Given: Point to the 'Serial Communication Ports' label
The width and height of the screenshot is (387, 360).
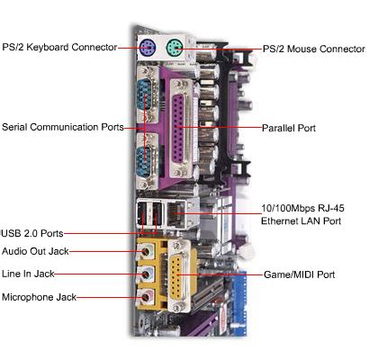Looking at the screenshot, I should pyautogui.click(x=63, y=127).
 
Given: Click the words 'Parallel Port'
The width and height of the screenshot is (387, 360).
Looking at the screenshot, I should pyautogui.click(x=289, y=128).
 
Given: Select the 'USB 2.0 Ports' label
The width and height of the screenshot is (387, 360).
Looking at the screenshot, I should pyautogui.click(x=34, y=233).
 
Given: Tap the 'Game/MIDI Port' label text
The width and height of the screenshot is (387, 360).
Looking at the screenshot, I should pyautogui.click(x=299, y=274).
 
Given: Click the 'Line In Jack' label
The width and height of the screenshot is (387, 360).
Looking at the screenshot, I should pyautogui.click(x=31, y=274).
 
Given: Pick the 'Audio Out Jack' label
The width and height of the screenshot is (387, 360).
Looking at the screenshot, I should pyautogui.click(x=35, y=251).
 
